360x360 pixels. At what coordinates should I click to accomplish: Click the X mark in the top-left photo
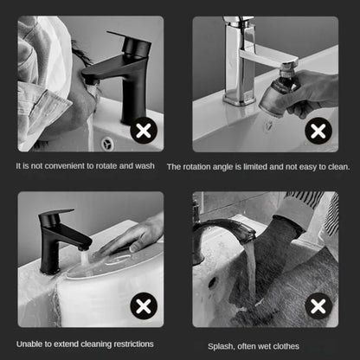click(144, 132)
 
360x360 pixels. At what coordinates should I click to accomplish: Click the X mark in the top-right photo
click(319, 132)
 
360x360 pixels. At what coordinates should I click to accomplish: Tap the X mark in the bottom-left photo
click(143, 305)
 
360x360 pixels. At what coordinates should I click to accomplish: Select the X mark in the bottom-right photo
click(319, 305)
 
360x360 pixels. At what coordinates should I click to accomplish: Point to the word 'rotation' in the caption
click(199, 165)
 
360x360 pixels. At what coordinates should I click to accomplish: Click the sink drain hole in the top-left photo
click(107, 143)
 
